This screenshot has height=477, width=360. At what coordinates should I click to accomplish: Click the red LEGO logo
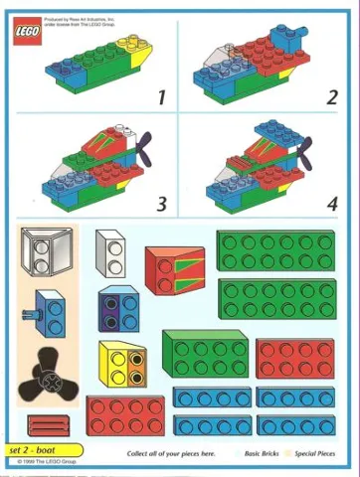[27, 35]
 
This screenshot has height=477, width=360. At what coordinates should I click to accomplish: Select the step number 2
[331, 97]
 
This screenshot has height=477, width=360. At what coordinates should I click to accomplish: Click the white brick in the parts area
[110, 252]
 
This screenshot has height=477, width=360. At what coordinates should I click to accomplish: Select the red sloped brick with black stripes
[174, 270]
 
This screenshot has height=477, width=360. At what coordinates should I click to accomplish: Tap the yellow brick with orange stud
[123, 364]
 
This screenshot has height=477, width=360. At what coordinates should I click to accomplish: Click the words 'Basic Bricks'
[268, 453]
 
